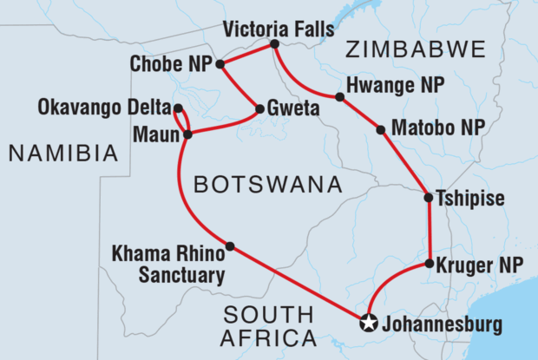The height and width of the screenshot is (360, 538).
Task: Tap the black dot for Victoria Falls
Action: click(x=274, y=44)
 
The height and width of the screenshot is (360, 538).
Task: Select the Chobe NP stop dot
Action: click(x=220, y=64)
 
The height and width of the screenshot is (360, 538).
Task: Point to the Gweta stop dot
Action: click(x=259, y=109)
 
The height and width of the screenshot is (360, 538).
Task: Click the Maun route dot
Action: click(x=187, y=134)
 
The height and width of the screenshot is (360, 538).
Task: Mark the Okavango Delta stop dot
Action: click(x=178, y=109)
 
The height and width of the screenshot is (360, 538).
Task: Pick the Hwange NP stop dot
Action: click(x=339, y=97)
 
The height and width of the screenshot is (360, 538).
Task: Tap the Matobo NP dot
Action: click(x=380, y=130)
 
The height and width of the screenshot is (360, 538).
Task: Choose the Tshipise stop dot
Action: click(x=428, y=198)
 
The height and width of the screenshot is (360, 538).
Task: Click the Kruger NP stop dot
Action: click(x=430, y=263)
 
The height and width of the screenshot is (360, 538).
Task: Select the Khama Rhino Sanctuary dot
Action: click(x=230, y=246)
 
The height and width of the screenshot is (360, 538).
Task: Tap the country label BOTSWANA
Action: click(x=264, y=184)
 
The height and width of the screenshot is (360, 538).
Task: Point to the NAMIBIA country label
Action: click(x=62, y=154)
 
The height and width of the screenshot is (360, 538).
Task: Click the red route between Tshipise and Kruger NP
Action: click(x=429, y=231)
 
